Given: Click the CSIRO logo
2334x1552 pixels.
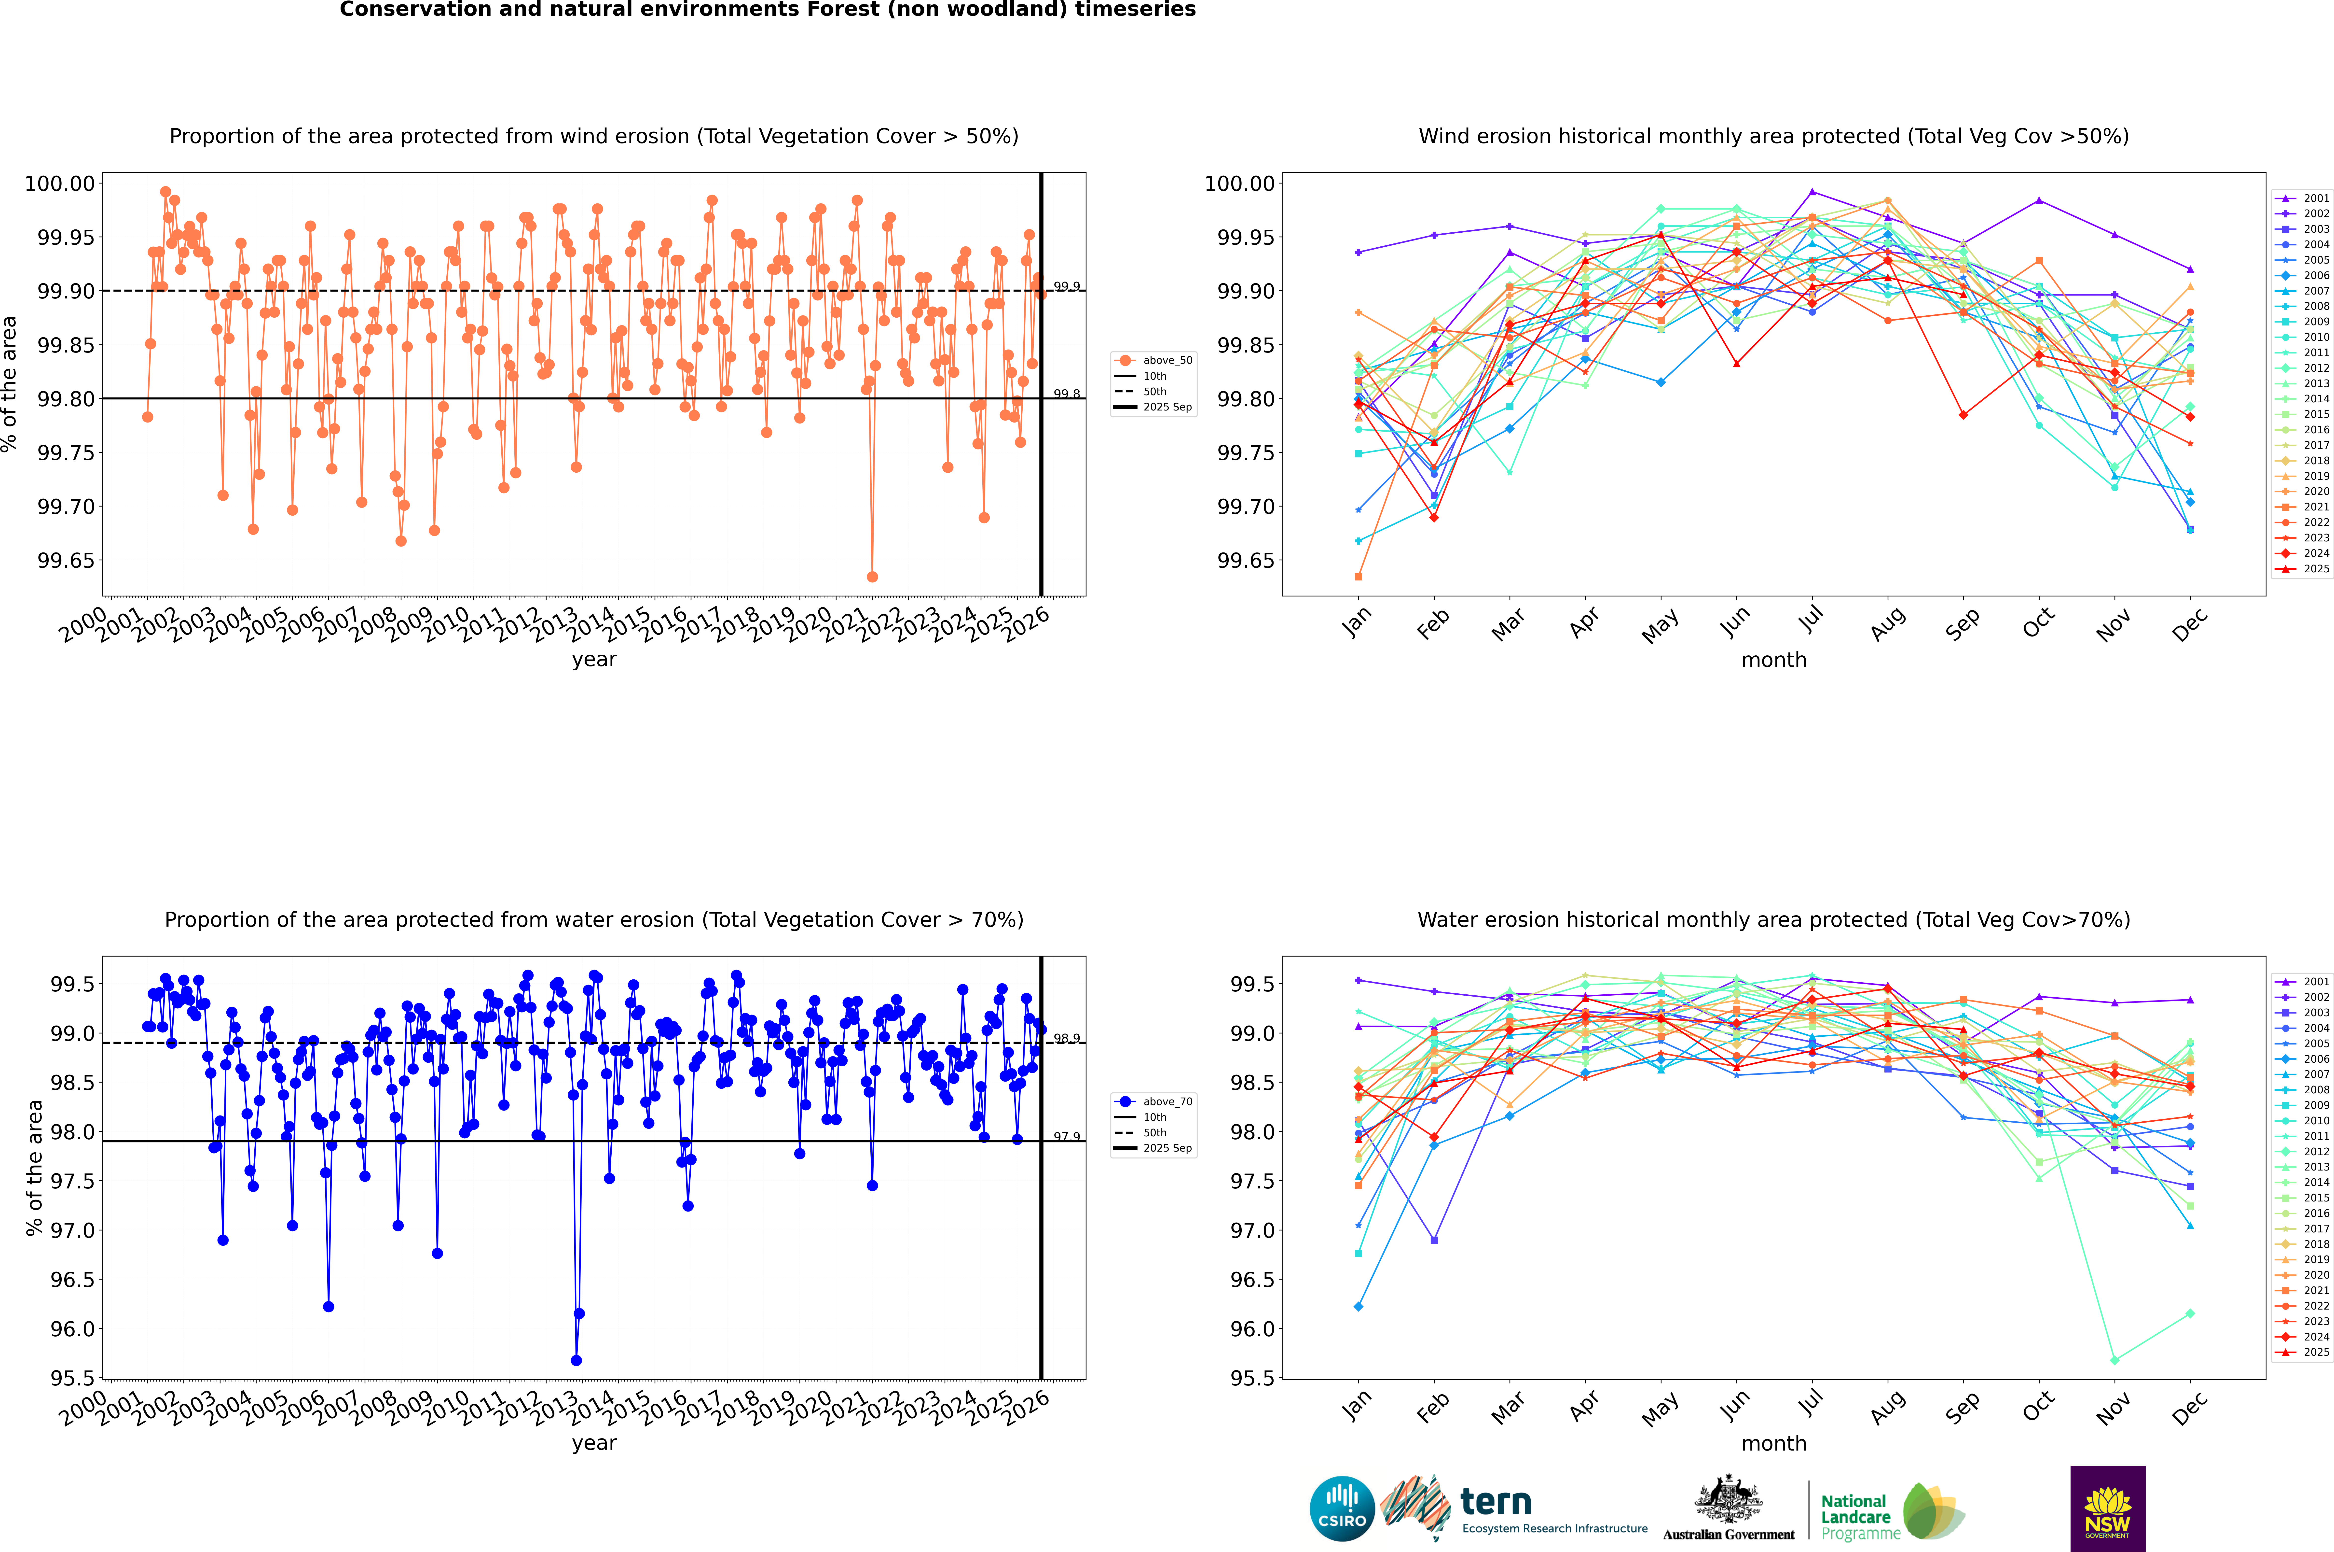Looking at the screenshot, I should coord(1342,1509).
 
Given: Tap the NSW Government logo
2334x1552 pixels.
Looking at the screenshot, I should coord(2107,1509).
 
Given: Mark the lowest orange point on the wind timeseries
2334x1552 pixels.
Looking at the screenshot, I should coord(872,577).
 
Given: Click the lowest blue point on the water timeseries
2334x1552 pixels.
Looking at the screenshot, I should coord(576,1361).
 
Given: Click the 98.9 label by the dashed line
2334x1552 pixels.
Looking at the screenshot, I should coord(1067,1038).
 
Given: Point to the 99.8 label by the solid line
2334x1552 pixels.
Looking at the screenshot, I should coord(1067,394).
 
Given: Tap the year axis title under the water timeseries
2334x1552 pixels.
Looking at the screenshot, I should coord(594,1443).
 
